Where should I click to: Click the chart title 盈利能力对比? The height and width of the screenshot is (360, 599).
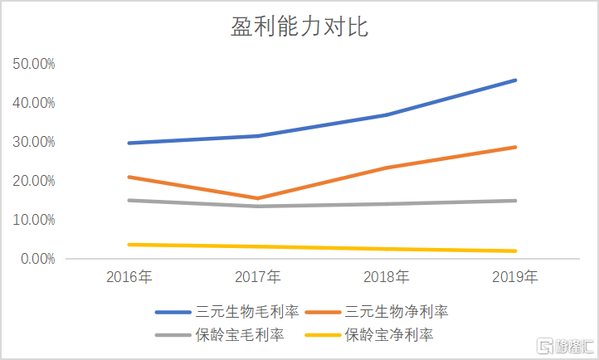[299, 27]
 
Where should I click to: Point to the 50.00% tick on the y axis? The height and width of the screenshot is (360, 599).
[33, 64]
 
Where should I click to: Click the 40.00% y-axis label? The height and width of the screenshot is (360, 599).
[33, 103]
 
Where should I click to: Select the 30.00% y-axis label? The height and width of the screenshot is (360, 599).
[33, 142]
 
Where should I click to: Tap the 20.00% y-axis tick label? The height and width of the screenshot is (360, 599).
[33, 181]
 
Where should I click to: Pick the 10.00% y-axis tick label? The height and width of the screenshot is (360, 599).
[33, 220]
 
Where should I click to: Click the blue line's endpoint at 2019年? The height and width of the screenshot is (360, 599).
[515, 80]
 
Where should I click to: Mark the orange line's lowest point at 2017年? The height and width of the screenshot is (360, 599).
[258, 198]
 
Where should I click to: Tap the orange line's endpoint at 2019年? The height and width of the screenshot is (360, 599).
[515, 148]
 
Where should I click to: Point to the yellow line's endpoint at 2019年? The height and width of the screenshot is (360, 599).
[515, 251]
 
